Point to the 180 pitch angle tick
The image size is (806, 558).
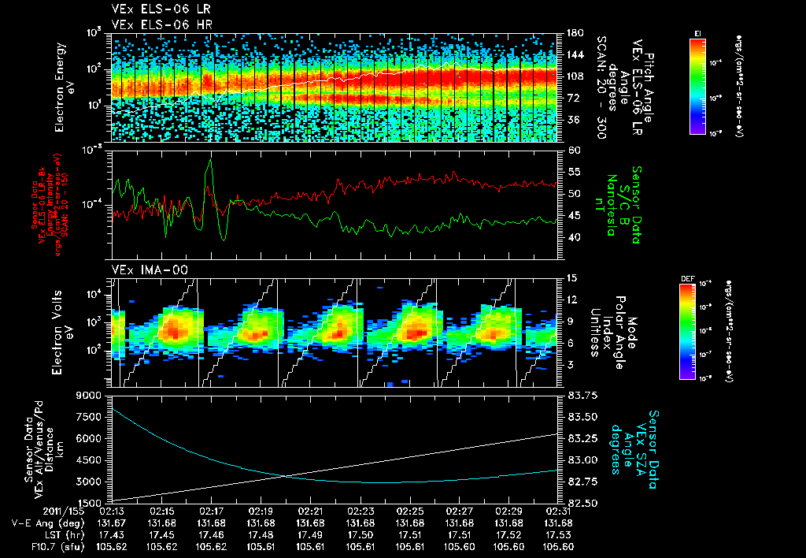coord(573,33)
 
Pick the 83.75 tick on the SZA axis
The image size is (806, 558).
coord(579,395)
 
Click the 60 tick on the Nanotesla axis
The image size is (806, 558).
coord(572,149)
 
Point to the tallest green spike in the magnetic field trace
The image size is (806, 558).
coord(210,161)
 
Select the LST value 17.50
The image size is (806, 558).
coord(360,534)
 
